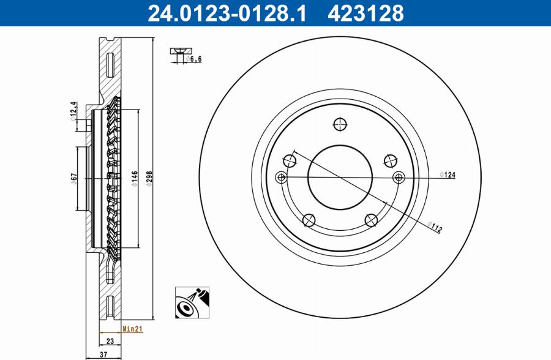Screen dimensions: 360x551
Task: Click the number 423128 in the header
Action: (366, 13)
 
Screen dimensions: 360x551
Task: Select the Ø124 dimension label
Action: (448, 176)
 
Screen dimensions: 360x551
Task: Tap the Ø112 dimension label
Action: (435, 228)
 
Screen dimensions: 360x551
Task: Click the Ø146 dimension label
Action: (133, 178)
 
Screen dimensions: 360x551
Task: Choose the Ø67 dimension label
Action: (73, 179)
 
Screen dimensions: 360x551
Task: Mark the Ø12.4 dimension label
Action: (73, 112)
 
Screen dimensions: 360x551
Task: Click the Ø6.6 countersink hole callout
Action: (194, 59)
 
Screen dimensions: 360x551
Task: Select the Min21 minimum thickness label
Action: (132, 329)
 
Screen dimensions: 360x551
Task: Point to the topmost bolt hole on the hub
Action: (339, 124)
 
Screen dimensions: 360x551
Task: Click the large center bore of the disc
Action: (339, 176)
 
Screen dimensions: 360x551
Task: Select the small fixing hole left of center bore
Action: (281, 178)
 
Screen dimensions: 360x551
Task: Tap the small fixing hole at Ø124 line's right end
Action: (399, 178)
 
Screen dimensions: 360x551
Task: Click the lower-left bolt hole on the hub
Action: (309, 219)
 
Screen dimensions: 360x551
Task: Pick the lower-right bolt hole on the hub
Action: (370, 219)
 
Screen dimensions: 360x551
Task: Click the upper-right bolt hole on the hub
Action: (388, 160)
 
